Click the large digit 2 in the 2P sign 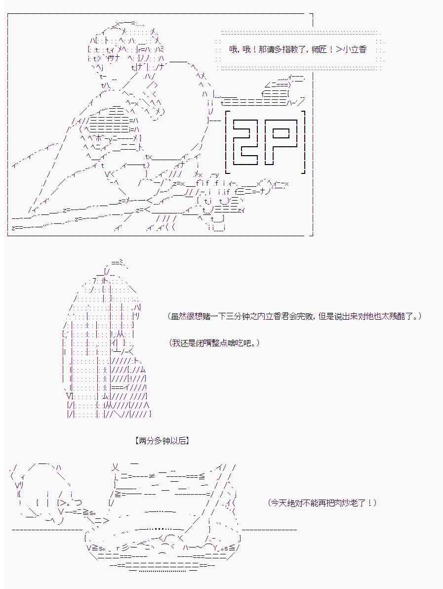245,142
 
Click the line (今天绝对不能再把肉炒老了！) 322,503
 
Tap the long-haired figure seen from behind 105,342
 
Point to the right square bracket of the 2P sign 303,142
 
